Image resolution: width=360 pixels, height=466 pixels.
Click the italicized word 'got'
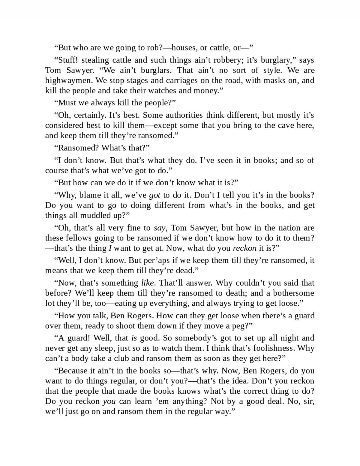(154, 195)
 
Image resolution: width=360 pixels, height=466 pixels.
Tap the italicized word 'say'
(159, 228)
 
